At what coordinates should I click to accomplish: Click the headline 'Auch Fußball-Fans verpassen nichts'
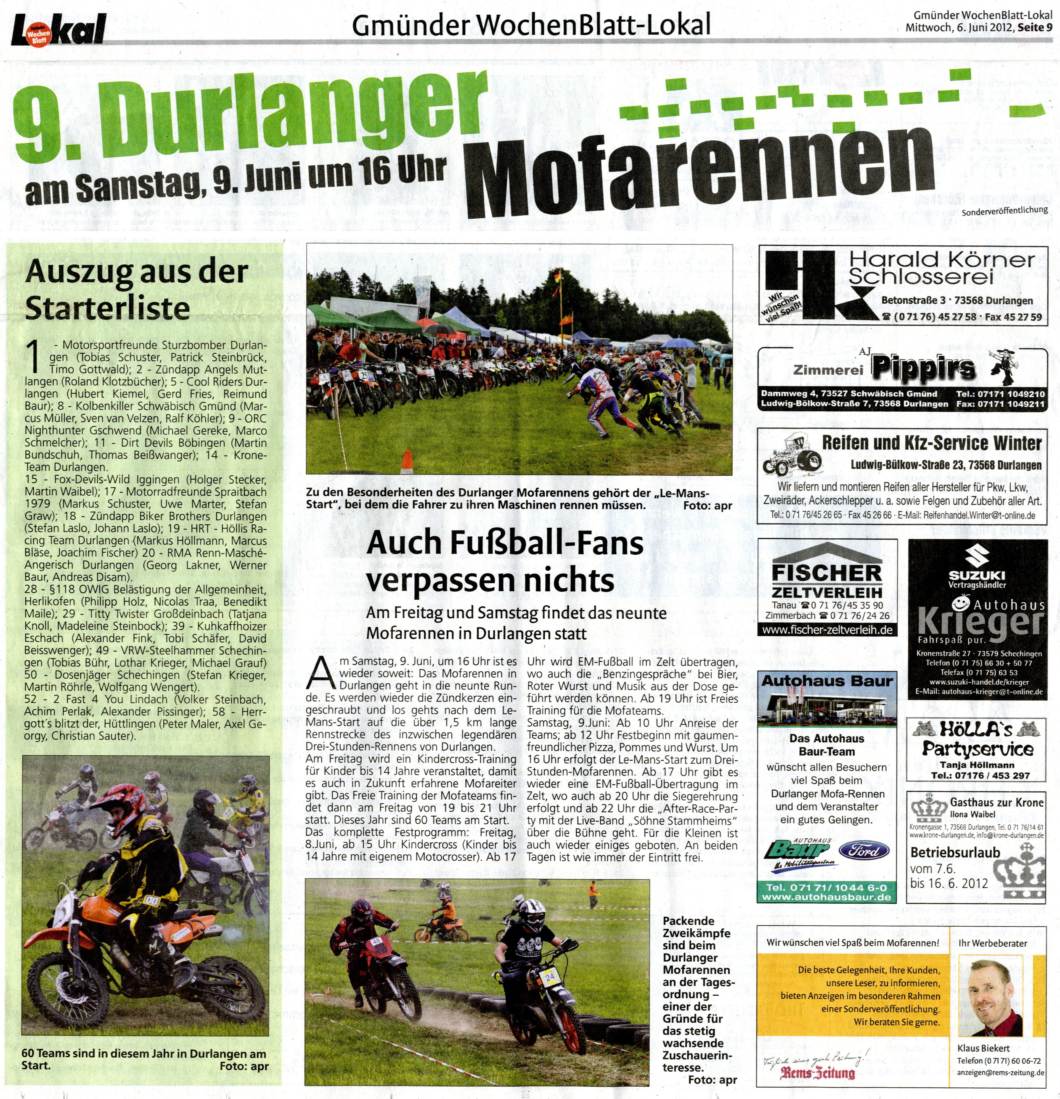(505, 561)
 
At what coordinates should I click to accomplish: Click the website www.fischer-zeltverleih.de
(827, 630)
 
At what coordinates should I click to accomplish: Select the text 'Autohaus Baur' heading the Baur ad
(827, 681)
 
